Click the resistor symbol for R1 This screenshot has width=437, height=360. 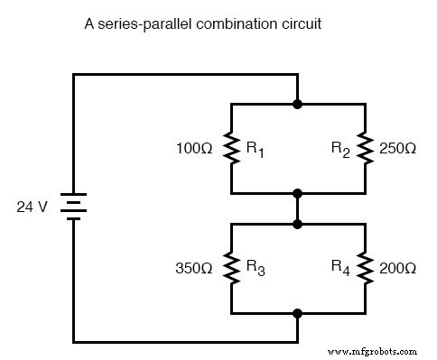(x=231, y=148)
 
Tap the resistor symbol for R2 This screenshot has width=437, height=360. (x=365, y=148)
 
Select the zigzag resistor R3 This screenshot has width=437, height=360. (x=231, y=268)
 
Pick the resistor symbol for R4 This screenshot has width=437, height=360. (x=365, y=268)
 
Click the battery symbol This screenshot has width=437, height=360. (x=73, y=208)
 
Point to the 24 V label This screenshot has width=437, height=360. (x=33, y=208)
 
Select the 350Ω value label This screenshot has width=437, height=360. (x=194, y=268)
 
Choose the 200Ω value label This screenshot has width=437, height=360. (x=398, y=268)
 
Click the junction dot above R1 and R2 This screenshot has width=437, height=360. (x=298, y=105)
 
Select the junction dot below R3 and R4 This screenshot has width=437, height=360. (x=298, y=313)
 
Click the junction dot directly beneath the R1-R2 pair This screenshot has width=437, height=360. (x=298, y=193)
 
